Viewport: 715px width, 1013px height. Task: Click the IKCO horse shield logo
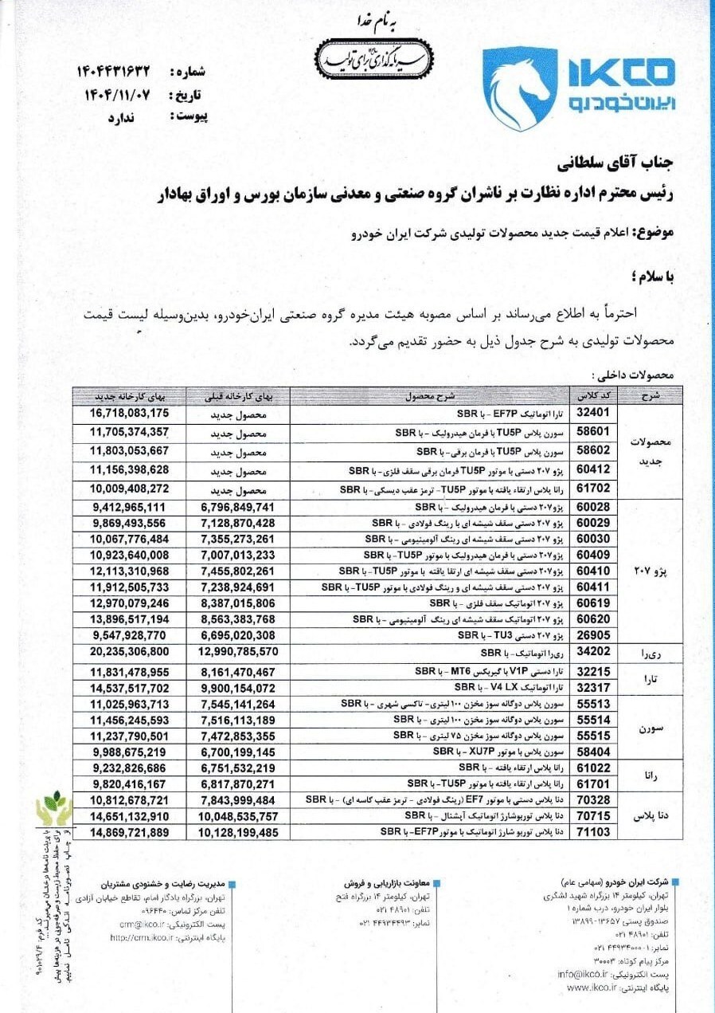[520, 88]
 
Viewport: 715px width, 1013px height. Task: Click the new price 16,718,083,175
[130, 413]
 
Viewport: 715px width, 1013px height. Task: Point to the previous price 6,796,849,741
[236, 507]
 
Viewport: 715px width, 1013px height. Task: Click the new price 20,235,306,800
[130, 650]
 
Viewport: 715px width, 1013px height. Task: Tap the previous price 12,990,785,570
[236, 650]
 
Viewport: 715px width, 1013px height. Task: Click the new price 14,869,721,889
[130, 831]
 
